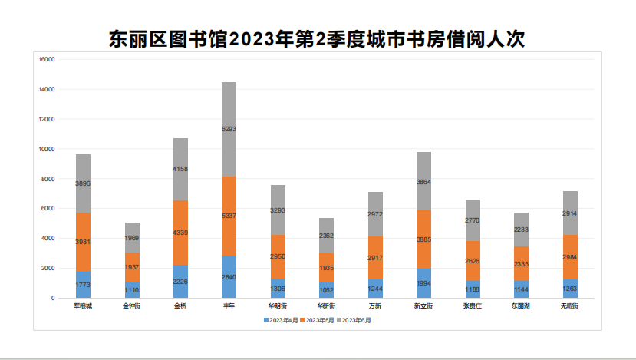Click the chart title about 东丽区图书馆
(x=317, y=39)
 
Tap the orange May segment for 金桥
(x=180, y=233)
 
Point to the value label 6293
(x=229, y=130)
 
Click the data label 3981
(x=84, y=243)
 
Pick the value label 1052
(x=327, y=291)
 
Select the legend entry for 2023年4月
(x=281, y=319)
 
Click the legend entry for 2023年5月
(x=318, y=319)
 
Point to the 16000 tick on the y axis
(x=47, y=59)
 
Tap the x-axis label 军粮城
(x=83, y=306)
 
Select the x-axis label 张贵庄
(x=473, y=306)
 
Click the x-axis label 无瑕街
(x=569, y=306)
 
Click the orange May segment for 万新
(x=375, y=257)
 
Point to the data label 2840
(x=229, y=277)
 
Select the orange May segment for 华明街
(x=278, y=256)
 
